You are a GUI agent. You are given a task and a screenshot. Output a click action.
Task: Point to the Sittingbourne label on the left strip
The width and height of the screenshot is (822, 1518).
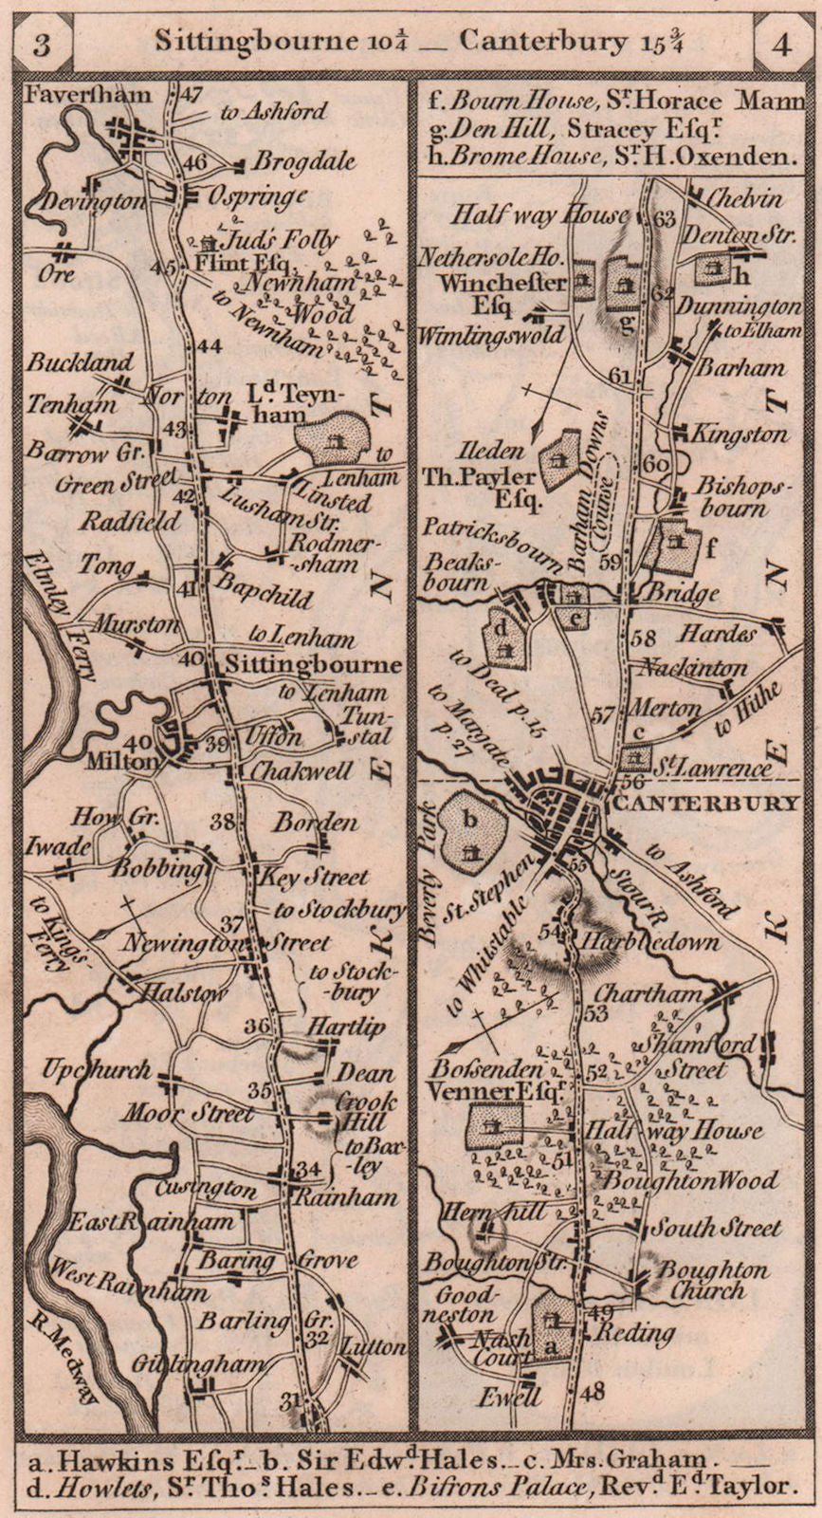[x=313, y=664]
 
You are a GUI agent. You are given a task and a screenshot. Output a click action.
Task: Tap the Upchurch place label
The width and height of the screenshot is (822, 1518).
[x=96, y=1070]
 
